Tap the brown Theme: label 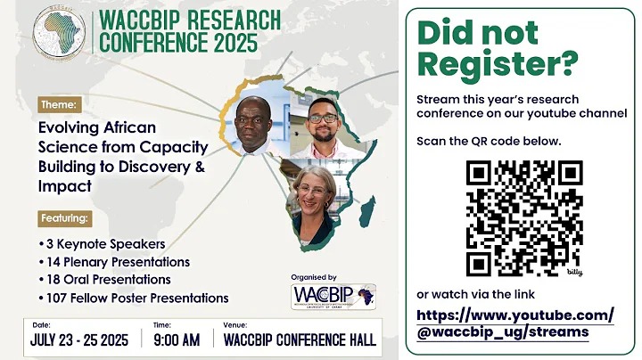(x=60, y=104)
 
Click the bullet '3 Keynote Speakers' (x=103, y=243)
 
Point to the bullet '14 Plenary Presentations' (x=114, y=262)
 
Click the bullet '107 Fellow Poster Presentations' (x=134, y=298)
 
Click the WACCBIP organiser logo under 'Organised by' (x=333, y=297)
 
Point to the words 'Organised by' (x=315, y=277)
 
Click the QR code (x=523, y=217)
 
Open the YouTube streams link (x=514, y=323)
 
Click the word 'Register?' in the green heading (x=498, y=63)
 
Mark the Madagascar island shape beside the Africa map (x=366, y=210)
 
